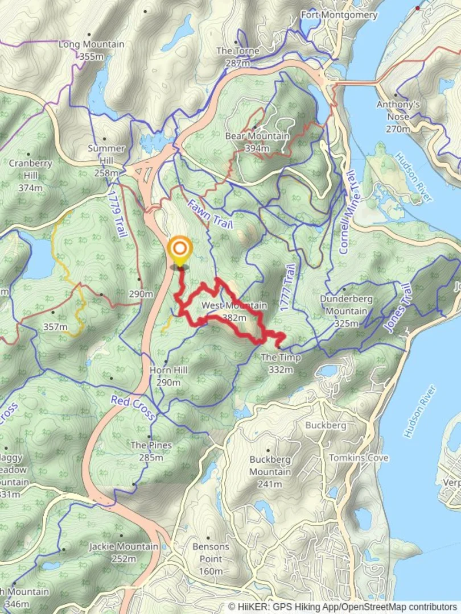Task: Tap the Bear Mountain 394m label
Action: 257,142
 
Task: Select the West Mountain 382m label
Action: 234,312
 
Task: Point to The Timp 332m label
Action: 276,364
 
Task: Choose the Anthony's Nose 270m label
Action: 398,117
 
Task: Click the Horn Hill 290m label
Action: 168,376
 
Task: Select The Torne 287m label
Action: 237,57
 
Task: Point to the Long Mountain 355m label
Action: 91,50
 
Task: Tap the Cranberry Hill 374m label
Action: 30,175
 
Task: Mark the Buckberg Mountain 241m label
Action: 270,472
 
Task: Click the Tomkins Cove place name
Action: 359,458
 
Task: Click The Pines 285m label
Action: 151,451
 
